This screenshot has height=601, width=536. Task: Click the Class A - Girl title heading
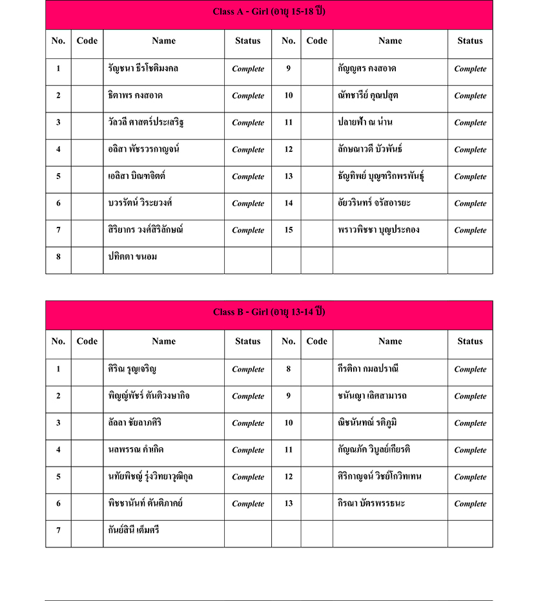point(269,12)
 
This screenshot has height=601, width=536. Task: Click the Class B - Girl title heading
point(269,312)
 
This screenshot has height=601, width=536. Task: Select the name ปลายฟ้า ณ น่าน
point(365,122)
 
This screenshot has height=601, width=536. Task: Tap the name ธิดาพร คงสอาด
point(135,95)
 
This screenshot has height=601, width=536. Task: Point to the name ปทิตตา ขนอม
point(132,257)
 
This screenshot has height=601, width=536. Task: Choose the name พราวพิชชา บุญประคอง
point(378,229)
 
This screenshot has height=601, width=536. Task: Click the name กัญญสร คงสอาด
point(367,68)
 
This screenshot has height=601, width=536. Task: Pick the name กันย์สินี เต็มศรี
point(134,531)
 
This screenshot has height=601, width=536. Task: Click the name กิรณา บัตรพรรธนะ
point(371,503)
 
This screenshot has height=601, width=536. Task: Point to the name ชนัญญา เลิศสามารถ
point(372,395)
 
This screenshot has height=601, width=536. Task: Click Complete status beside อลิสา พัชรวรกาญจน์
point(248,149)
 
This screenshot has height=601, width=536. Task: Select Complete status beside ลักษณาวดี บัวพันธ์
point(470,149)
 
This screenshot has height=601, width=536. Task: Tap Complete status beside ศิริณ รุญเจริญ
point(248,370)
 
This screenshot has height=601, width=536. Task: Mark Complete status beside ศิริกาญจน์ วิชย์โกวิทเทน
point(470,477)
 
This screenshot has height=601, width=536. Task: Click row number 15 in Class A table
point(289,230)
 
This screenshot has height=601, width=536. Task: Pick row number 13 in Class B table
point(289,504)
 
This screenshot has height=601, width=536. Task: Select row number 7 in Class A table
point(58,230)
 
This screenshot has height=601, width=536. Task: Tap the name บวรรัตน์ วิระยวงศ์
point(141,203)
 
